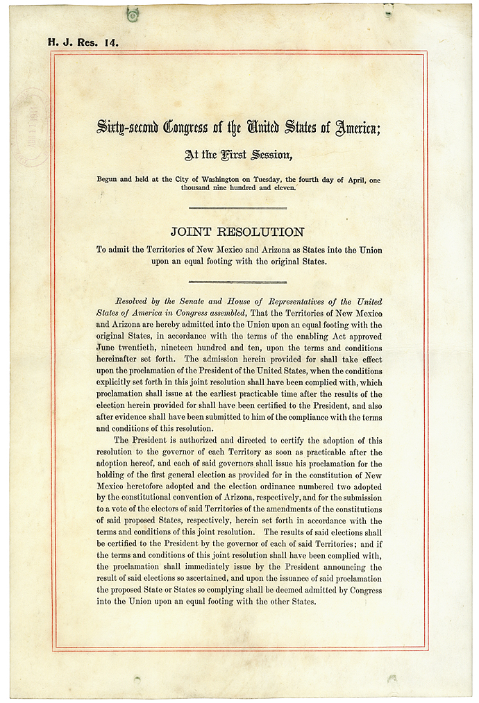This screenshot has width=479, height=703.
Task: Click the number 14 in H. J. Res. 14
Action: pos(111,42)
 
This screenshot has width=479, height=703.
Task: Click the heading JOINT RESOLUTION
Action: pos(237,232)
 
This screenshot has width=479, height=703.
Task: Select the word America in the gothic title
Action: pos(357,127)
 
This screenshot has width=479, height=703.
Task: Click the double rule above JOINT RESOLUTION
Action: pos(237,207)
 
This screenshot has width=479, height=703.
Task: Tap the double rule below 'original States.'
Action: pos(237,281)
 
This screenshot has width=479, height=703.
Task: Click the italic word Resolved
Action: pos(136,301)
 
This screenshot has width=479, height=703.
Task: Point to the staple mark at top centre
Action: pos(133,12)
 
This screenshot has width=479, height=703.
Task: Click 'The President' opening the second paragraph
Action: pos(142,441)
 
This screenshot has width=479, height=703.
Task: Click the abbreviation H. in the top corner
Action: pos(52,42)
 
